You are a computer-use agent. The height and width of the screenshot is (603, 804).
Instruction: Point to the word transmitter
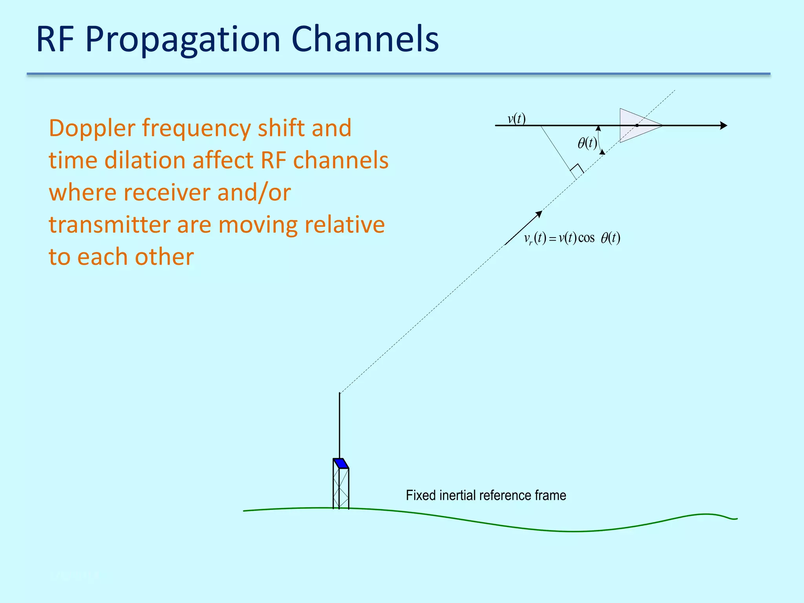(110, 225)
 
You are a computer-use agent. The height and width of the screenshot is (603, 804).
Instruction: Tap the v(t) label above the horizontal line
(516, 118)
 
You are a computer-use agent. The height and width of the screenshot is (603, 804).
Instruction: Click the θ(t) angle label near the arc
(587, 143)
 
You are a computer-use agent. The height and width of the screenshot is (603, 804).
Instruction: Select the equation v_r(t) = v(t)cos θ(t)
(572, 238)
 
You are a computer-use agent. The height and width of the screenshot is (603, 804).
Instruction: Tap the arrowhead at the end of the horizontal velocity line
(723, 126)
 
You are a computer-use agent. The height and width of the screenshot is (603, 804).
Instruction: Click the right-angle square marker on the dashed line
(576, 171)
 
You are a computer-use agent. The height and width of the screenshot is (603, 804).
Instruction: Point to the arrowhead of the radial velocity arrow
(539, 214)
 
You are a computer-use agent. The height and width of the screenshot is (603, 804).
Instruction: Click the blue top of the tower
(341, 463)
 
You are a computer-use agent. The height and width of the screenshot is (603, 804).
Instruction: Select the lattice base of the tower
(341, 489)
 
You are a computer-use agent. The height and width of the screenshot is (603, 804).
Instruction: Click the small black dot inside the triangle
(637, 126)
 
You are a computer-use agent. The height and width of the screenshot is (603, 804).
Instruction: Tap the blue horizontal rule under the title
(398, 74)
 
